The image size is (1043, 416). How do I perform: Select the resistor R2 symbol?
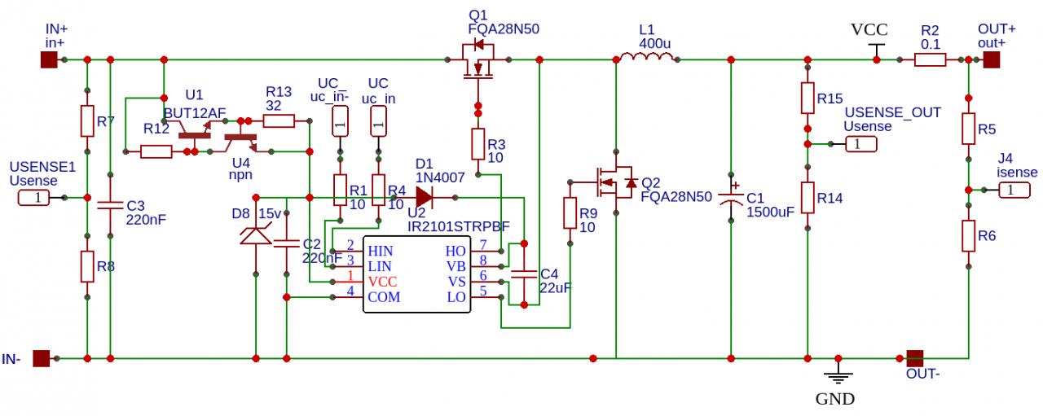(x=930, y=59)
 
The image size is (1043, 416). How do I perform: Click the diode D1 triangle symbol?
(x=425, y=197)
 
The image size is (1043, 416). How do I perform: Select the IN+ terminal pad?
(x=49, y=59)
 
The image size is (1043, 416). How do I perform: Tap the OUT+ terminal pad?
(x=991, y=59)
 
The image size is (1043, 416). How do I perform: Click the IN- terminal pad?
(x=41, y=357)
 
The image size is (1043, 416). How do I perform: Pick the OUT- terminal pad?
(x=915, y=357)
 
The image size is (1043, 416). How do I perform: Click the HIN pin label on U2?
(x=380, y=251)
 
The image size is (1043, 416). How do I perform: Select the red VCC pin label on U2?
(x=382, y=281)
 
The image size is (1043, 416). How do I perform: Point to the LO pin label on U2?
(x=456, y=297)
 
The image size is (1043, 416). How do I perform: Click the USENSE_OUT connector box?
(x=862, y=144)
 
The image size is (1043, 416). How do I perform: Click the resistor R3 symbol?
(x=478, y=144)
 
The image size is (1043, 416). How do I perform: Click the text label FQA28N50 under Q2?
(x=676, y=197)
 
